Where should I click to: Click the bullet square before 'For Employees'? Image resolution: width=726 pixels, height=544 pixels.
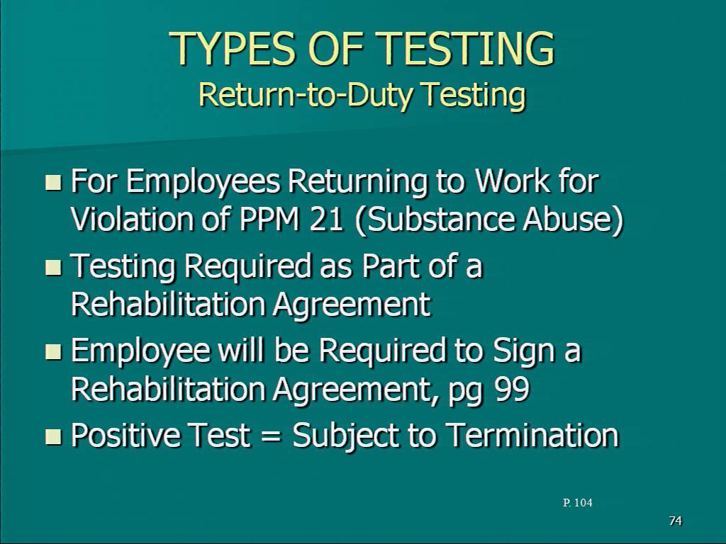(53, 182)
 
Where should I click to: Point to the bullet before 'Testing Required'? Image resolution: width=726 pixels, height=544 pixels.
(53, 267)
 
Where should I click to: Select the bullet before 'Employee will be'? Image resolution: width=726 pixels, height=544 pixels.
(53, 352)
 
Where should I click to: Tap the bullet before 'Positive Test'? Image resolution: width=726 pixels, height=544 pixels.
(53, 436)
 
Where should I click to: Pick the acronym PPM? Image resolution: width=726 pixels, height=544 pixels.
(269, 220)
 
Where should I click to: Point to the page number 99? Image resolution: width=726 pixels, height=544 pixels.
(512, 389)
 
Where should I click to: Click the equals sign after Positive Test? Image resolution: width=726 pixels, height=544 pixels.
(271, 436)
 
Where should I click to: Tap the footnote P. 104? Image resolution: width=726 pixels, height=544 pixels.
(577, 503)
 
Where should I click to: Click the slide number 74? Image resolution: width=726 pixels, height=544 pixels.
(676, 521)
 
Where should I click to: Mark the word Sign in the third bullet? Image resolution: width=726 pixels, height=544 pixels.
(523, 351)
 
